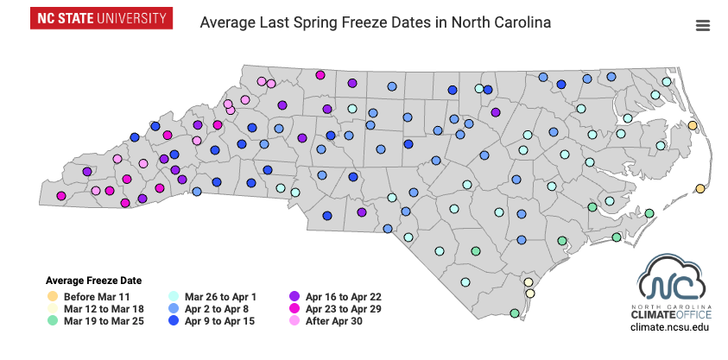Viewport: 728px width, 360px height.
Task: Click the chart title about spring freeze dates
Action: (375, 21)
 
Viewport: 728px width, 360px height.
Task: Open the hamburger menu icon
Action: (702, 25)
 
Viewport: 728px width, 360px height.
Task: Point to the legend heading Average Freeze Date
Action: (93, 281)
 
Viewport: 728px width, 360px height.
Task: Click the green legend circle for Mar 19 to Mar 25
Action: (53, 320)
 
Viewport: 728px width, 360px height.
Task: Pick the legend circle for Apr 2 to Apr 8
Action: (174, 308)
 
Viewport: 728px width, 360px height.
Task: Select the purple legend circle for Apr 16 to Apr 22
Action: (294, 296)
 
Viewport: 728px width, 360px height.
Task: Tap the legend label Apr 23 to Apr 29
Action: (343, 308)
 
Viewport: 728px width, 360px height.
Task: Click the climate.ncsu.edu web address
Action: (670, 328)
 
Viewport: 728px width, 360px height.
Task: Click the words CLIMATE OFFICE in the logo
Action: (670, 315)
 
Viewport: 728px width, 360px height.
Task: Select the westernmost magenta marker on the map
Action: (61, 196)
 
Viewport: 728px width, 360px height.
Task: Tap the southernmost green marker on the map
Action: (515, 313)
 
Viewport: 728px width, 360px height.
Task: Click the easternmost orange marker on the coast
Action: (700, 188)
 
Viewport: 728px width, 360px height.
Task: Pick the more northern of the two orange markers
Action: (692, 126)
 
